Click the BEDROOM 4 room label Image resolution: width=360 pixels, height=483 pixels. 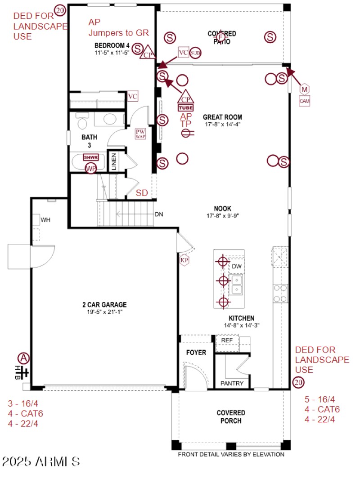point(112,45)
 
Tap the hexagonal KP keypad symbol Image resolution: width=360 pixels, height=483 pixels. point(184,260)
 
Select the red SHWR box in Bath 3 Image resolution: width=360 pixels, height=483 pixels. point(91,158)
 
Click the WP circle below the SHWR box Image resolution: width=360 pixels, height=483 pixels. point(91,168)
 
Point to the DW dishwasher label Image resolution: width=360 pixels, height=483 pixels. point(237,267)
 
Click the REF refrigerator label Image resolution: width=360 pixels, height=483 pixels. point(227,340)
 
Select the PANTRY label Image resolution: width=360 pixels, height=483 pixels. point(232,384)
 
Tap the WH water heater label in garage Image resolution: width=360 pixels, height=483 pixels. point(45,220)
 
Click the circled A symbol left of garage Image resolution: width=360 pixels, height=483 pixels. point(23,358)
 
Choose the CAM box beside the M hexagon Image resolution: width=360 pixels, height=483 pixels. point(305,101)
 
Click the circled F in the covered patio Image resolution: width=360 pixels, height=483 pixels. point(220,37)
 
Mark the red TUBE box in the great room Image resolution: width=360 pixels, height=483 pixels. point(186,108)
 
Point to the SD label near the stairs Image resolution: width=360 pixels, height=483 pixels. point(142,193)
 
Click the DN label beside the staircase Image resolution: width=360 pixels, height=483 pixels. point(158,214)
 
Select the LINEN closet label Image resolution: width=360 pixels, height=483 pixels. point(114,161)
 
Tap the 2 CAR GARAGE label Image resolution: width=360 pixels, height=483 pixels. point(107,304)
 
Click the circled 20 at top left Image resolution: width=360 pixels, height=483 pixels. point(60,9)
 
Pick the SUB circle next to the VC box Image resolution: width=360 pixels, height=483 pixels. point(195,53)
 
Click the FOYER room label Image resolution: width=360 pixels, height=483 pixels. point(196,353)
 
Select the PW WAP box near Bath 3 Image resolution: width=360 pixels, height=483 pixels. point(140,134)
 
